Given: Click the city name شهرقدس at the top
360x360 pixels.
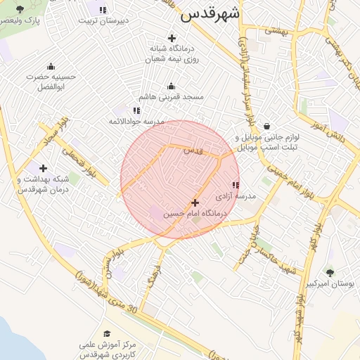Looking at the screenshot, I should [210, 14].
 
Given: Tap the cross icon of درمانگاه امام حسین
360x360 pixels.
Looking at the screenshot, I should [195, 202].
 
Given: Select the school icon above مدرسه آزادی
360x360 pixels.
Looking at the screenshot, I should [235, 185].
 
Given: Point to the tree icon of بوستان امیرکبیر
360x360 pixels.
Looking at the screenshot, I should [330, 272].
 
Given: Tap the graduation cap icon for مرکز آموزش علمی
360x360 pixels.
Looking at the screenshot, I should [107, 334].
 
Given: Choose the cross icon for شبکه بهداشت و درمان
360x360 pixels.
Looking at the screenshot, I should [44, 168].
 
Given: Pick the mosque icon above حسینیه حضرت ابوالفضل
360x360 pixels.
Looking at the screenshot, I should [51, 66].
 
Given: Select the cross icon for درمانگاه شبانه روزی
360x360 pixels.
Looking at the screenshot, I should [172, 38].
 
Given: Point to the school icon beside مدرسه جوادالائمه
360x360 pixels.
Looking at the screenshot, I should [136, 110].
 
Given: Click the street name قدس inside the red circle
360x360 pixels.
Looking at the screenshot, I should [193, 150].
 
